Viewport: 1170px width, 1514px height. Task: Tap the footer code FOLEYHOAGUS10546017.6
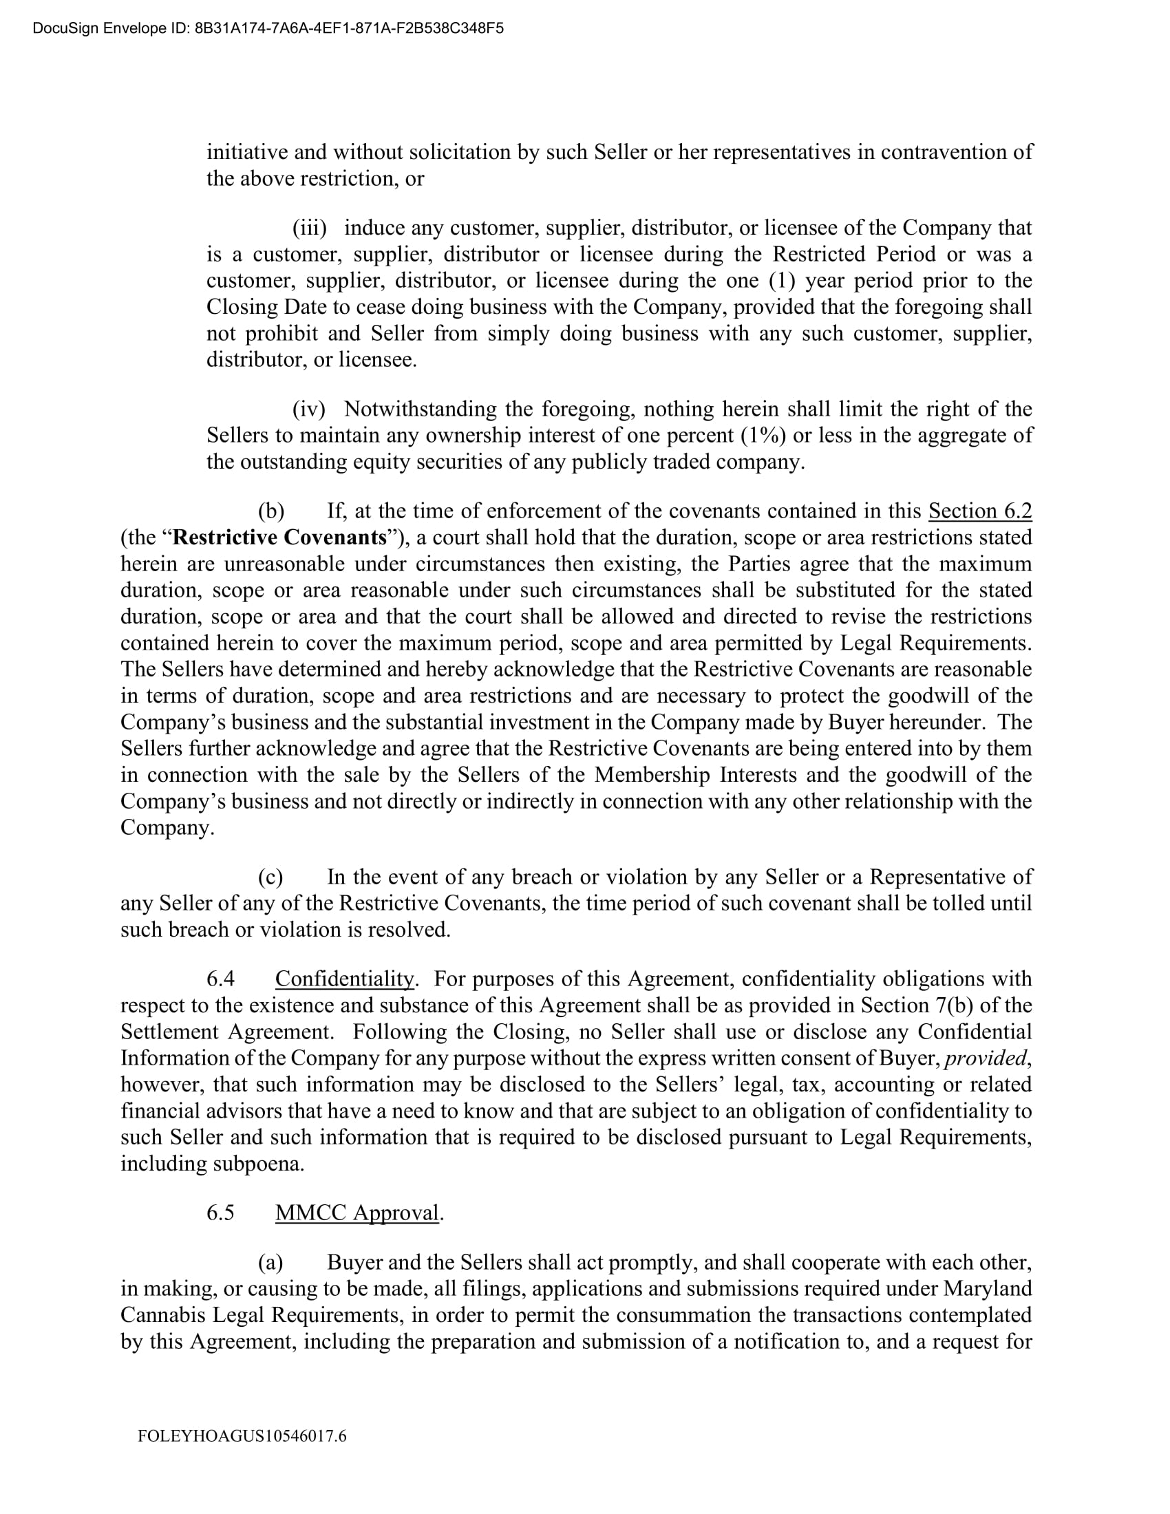(242, 1436)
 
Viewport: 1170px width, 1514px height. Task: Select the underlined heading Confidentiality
(345, 979)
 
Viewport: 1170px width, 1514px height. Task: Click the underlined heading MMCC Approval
(357, 1213)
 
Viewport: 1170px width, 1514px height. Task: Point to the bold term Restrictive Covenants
(279, 537)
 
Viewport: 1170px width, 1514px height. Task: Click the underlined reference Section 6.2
(980, 511)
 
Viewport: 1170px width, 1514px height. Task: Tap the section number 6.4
(220, 979)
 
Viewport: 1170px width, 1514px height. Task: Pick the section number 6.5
(220, 1213)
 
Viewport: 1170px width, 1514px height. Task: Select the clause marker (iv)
(309, 409)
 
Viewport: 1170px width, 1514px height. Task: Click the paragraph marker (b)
(271, 511)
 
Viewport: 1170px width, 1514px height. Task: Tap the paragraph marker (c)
(270, 877)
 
